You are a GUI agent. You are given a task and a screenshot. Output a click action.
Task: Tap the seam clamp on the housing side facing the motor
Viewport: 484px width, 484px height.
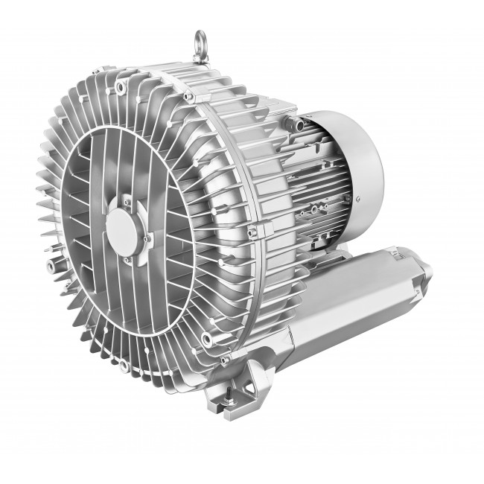click(258, 228)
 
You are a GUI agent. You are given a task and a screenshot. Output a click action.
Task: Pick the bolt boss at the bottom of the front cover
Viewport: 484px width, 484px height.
click(124, 366)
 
